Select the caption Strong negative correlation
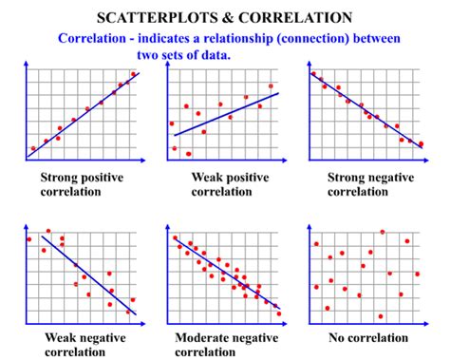pos(366,183)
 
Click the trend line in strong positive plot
pos(85,113)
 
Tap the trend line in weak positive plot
pos(224,113)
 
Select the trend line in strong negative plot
pos(366,109)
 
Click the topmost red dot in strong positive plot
pos(133,73)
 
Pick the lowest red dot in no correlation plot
pos(380,316)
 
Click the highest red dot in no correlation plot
pos(383,231)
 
